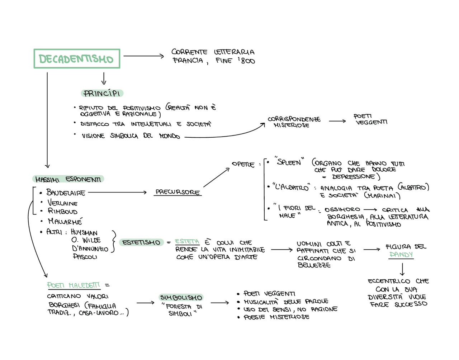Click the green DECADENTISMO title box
click(x=77, y=59)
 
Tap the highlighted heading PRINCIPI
click(x=102, y=94)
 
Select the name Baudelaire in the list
click(x=66, y=193)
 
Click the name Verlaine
click(x=63, y=203)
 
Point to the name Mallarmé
click(x=65, y=221)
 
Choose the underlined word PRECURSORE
click(x=178, y=192)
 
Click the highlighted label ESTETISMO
click(x=141, y=243)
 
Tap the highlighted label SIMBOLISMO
click(x=181, y=298)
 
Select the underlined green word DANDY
click(x=401, y=255)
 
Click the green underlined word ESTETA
click(x=187, y=242)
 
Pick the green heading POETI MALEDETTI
click(x=74, y=285)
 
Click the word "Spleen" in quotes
click(x=289, y=162)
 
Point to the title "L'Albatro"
click(x=291, y=188)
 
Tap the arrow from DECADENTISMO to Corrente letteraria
click(x=143, y=56)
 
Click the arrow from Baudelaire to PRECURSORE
click(x=117, y=193)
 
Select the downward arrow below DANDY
click(x=402, y=269)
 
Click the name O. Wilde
click(x=86, y=240)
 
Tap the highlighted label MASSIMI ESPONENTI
click(x=68, y=179)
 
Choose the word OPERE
click(x=243, y=164)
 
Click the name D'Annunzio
click(x=90, y=248)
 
